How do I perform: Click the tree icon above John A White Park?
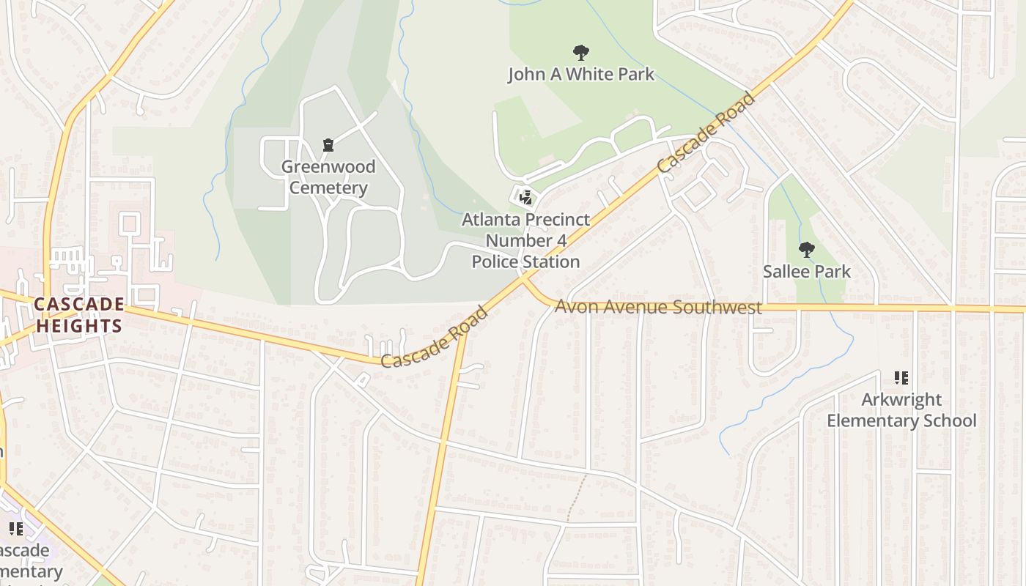coord(581,53)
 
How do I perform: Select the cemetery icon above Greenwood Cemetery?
coord(328,145)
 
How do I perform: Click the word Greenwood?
coord(328,167)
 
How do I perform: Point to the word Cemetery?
coord(328,188)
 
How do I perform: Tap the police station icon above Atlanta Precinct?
coord(525,196)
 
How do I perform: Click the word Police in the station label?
coord(496,262)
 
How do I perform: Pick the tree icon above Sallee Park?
coord(806,250)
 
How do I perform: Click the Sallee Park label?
coord(806,272)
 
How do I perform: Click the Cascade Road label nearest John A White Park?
coord(704,133)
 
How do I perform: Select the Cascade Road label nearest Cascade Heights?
coord(435,337)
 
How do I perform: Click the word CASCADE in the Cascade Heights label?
coord(79,304)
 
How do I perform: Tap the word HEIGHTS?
coord(79,326)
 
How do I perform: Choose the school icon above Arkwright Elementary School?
coord(901,378)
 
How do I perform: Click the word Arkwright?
coord(901,400)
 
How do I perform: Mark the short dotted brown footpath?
coord(577,498)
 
